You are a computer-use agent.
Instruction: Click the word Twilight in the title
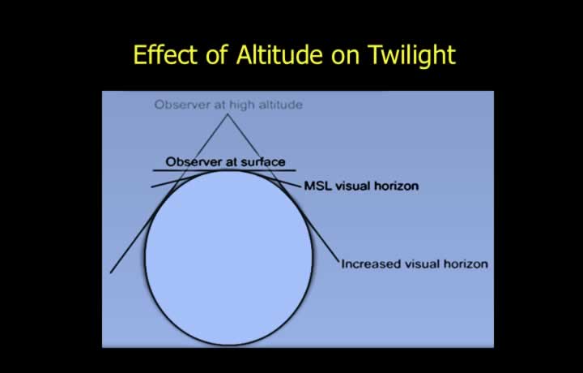412,55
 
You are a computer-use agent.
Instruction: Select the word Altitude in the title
279,54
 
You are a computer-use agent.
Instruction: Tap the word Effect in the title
165,54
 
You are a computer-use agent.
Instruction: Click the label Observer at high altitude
228,105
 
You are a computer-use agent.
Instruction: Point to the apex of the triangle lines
228,114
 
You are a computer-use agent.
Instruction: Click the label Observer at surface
225,162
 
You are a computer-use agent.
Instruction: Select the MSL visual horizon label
361,186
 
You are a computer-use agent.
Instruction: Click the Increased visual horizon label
415,264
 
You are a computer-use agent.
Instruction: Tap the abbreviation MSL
318,186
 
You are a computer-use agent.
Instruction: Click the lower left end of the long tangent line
110,273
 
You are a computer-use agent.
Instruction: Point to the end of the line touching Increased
339,261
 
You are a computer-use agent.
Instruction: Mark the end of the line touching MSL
300,186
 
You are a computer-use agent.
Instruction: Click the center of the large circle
228,258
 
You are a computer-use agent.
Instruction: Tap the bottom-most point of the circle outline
228,345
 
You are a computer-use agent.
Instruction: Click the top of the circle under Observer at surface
228,170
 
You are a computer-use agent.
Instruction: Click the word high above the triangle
242,105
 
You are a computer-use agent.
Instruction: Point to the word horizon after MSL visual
396,186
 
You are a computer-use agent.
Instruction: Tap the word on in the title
346,57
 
